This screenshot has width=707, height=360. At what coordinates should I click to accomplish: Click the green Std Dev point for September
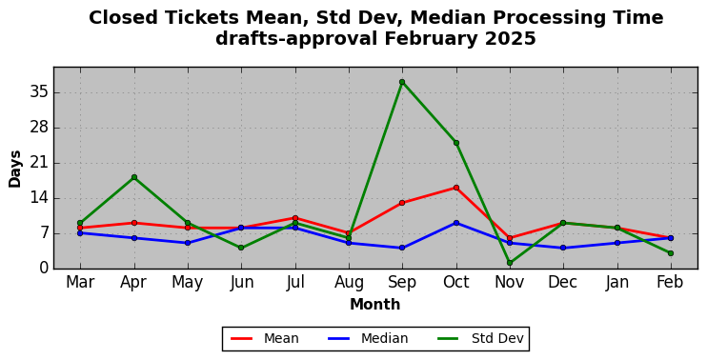pyautogui.click(x=402, y=82)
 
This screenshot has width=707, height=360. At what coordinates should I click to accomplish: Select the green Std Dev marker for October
pyautogui.click(x=456, y=143)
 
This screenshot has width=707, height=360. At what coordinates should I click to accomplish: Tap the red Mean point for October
pyautogui.click(x=456, y=188)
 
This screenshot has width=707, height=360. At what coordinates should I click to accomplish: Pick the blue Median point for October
pyautogui.click(x=456, y=223)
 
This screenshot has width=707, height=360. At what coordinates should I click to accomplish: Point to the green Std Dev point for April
pyautogui.click(x=134, y=177)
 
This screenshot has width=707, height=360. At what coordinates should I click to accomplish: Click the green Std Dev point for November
pyautogui.click(x=510, y=263)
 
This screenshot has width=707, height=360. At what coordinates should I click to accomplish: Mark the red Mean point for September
pyautogui.click(x=402, y=203)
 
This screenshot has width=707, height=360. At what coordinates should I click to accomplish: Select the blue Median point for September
pyautogui.click(x=402, y=248)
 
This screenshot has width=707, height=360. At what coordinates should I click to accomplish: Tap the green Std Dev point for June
pyautogui.click(x=241, y=248)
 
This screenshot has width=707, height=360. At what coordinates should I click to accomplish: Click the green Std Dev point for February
pyautogui.click(x=671, y=253)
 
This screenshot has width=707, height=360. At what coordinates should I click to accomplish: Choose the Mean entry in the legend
pyautogui.click(x=265, y=338)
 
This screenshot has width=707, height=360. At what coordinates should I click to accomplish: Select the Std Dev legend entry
pyautogui.click(x=480, y=338)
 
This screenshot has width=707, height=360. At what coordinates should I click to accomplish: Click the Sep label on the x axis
pyautogui.click(x=402, y=282)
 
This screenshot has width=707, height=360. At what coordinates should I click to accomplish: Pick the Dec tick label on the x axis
pyautogui.click(x=563, y=282)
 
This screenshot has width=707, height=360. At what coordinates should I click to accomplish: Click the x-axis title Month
pyautogui.click(x=375, y=304)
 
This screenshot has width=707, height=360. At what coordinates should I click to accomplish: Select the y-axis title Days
pyautogui.click(x=15, y=169)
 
